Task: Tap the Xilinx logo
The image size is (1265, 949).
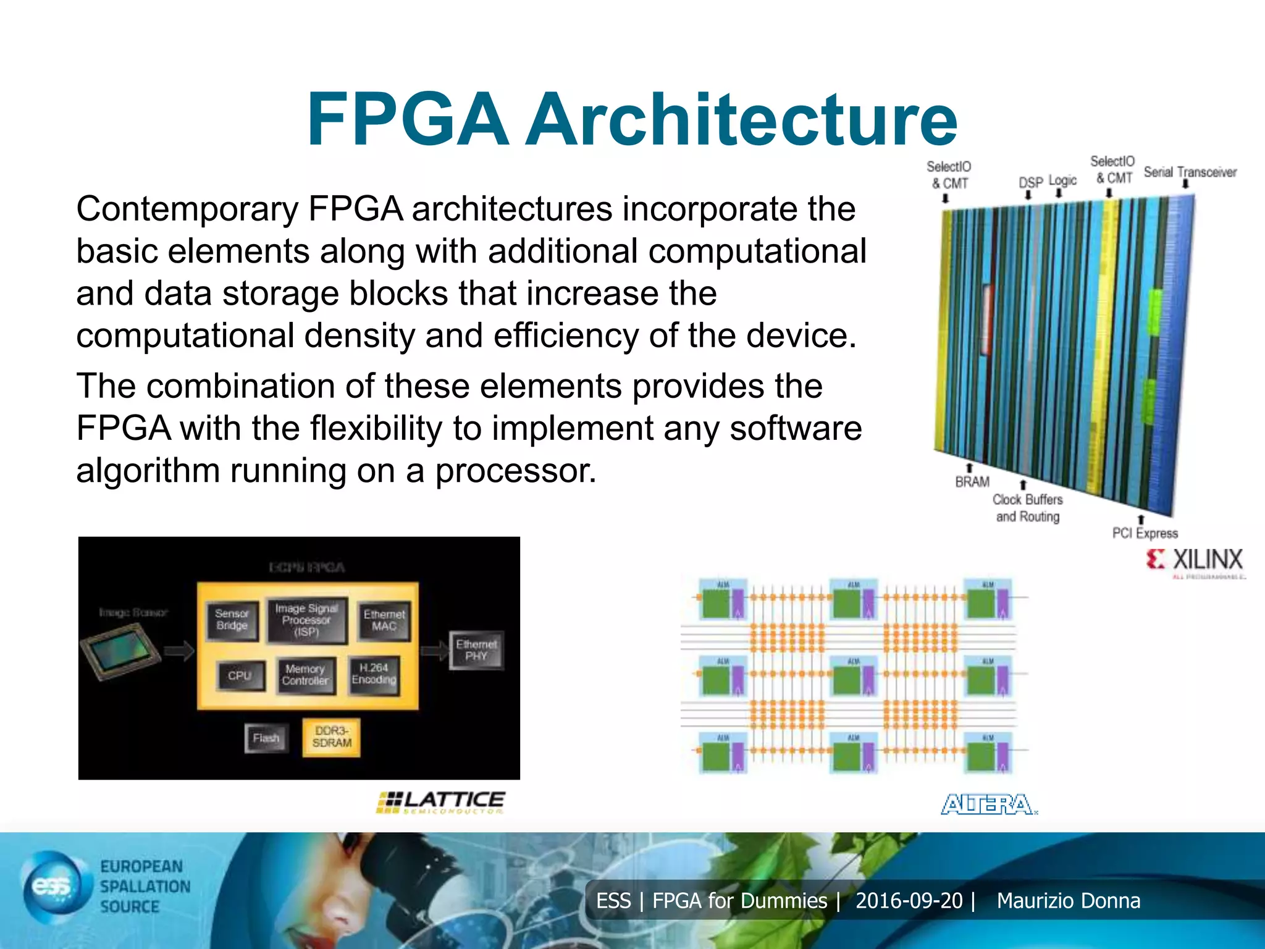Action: coord(1195,561)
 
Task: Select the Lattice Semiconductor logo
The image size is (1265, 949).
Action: coord(441,802)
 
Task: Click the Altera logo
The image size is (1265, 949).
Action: coord(988,804)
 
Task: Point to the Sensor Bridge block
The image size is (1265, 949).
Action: coord(232,620)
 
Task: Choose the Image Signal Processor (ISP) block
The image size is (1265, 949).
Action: coord(306,620)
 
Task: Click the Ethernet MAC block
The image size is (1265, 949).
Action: coord(384,620)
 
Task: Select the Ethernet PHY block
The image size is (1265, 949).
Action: coord(476,650)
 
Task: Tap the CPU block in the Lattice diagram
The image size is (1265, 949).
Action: coord(240,675)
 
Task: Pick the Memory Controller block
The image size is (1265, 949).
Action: coord(305,675)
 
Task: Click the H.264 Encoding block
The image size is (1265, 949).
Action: coord(374,674)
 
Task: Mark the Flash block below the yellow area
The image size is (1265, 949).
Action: coord(266,738)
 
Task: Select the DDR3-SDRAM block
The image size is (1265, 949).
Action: coord(332,737)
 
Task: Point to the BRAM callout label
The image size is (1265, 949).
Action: coord(972,482)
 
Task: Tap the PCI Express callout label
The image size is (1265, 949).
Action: coord(1145,533)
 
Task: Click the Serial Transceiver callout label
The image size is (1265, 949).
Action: coord(1190,172)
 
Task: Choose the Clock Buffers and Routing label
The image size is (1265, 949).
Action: coord(1028,508)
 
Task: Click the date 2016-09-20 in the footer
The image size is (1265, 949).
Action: coord(909,901)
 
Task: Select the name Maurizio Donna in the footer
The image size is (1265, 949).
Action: coord(1069,901)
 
